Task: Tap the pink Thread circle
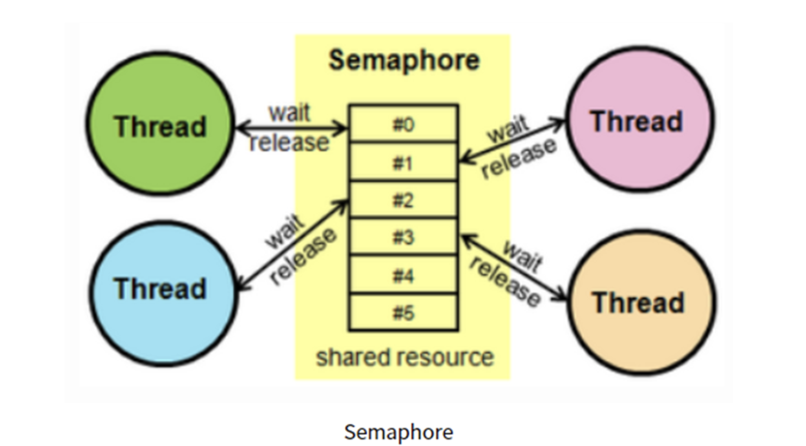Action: pos(639,119)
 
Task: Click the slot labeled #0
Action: pos(404,124)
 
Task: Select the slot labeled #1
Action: pos(404,162)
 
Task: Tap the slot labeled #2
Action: pos(404,200)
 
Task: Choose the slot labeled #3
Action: pos(404,237)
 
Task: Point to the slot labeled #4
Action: pos(404,275)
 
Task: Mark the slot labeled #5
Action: pos(404,313)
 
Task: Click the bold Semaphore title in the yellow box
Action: pos(404,60)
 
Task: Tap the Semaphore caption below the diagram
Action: pos(398,432)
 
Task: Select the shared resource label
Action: pos(405,357)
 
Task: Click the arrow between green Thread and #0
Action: pos(292,128)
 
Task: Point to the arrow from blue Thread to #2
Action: pos(293,244)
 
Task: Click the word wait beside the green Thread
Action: pos(290,112)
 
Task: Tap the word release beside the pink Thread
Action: pos(519,158)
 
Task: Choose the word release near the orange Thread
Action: pos(505,281)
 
